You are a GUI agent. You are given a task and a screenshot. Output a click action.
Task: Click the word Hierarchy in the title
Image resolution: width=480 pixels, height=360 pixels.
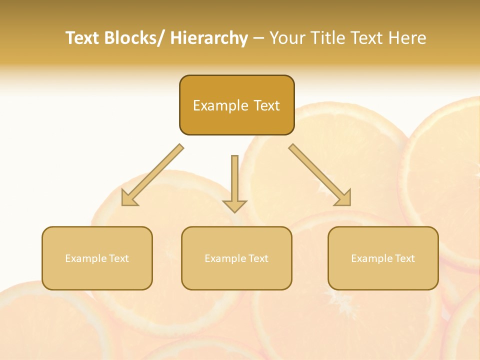(x=209, y=38)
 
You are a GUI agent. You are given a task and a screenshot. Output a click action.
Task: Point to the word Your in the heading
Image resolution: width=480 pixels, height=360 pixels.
(x=287, y=38)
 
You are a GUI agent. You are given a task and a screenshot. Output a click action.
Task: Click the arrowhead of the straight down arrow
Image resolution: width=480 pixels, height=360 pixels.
(x=235, y=205)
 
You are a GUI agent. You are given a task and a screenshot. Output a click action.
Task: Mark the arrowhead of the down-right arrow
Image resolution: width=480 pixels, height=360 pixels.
(x=343, y=198)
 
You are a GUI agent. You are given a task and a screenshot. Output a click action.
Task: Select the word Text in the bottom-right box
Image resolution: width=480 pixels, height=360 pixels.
(x=405, y=258)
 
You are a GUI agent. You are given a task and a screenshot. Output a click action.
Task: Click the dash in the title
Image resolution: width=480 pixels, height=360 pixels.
(x=258, y=38)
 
